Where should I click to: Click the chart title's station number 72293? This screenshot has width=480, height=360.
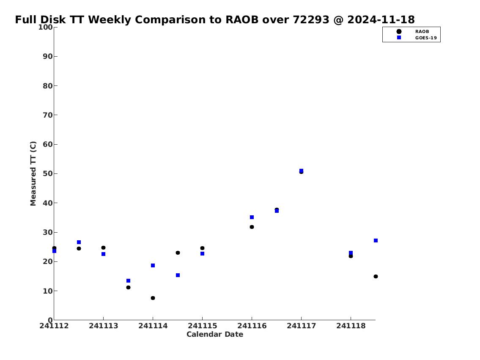pos(311,19)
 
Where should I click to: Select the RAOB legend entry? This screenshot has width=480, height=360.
pos(413,32)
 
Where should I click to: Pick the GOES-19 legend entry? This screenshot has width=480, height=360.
pos(417,38)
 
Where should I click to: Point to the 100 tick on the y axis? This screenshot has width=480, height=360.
pos(45,27)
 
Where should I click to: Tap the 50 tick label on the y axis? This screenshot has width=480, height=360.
pos(48,173)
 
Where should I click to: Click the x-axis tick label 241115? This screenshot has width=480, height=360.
pos(202,326)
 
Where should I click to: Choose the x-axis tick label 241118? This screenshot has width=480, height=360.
pos(351,326)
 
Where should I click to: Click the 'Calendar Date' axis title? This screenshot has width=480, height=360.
pos(215,334)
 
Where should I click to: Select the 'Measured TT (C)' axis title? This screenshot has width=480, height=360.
pos(33,173)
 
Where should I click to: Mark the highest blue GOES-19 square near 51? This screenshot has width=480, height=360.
pos(301,171)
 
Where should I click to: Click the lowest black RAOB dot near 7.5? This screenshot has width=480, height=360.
pos(153,298)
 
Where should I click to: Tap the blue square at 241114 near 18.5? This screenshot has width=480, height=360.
pos(153,265)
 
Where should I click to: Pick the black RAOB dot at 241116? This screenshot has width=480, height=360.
pos(252,227)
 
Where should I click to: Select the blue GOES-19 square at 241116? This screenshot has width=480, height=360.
pos(252,217)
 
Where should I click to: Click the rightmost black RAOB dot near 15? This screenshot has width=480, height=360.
pos(376,276)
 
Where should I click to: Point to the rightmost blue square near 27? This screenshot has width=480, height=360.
pos(376,241)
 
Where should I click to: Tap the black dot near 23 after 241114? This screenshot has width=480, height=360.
pos(178,253)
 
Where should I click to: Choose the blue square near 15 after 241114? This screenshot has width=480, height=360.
pos(178,275)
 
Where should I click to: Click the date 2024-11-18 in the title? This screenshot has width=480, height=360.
pos(381,19)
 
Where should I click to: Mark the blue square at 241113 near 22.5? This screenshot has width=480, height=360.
pos(103,254)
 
